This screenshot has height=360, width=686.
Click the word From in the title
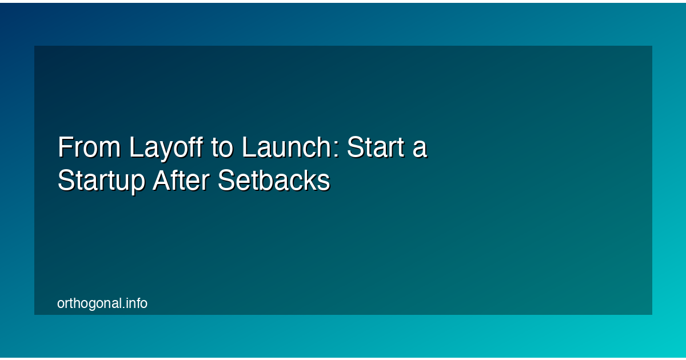89,148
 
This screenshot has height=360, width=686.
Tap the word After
181,182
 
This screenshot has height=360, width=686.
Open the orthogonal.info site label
102,303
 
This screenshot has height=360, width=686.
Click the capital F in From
64,148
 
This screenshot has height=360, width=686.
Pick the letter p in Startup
139,185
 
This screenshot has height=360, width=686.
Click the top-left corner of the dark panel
34,46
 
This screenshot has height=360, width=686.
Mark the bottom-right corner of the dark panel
652,314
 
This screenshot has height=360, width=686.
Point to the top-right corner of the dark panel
652,46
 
